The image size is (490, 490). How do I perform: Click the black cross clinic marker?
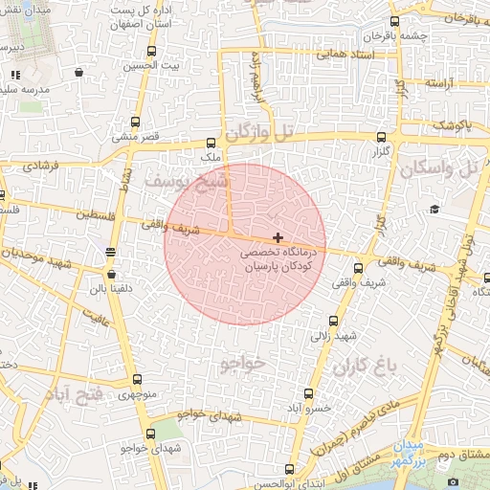(278, 236)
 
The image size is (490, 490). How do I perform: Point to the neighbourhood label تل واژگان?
(259, 129)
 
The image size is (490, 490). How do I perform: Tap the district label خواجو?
(239, 364)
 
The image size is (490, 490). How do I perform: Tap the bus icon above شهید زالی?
(333, 322)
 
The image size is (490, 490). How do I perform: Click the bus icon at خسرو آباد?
(307, 392)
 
